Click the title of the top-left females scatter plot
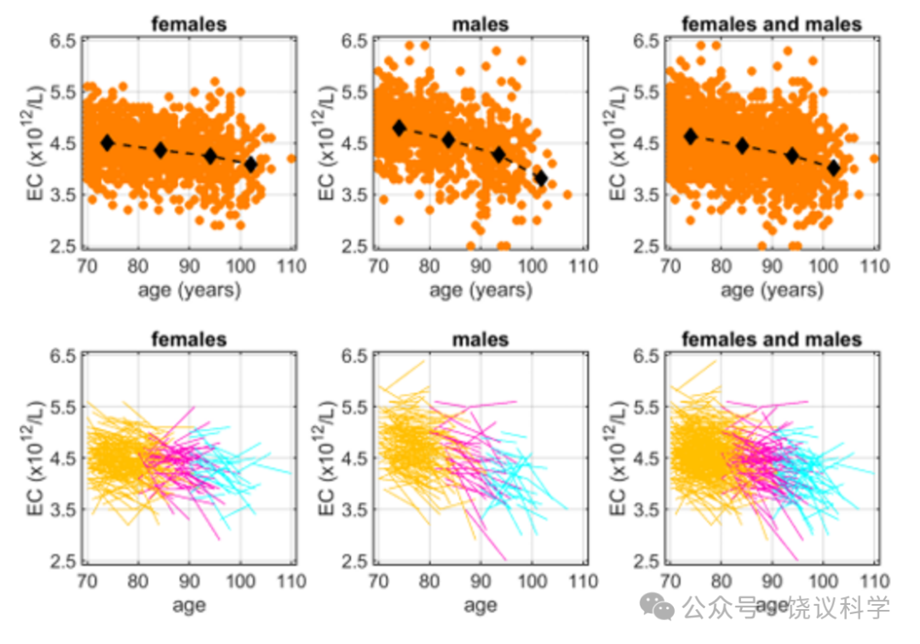188,24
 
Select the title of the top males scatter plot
480,24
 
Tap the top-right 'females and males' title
772,24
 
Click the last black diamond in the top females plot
251,164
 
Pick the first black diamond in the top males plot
400,128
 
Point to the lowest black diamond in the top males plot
541,178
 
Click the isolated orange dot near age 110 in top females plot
291,158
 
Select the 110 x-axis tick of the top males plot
584,267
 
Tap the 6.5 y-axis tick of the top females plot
63,41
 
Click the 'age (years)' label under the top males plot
480,290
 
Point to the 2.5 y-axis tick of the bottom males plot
355,561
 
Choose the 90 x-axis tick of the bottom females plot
189,581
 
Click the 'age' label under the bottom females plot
189,606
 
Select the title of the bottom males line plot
480,339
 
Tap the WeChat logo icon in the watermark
657,606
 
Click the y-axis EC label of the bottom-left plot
35,458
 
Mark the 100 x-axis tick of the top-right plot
823,267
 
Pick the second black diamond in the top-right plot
742,146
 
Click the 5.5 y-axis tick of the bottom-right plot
647,407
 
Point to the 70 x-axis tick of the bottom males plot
378,581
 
